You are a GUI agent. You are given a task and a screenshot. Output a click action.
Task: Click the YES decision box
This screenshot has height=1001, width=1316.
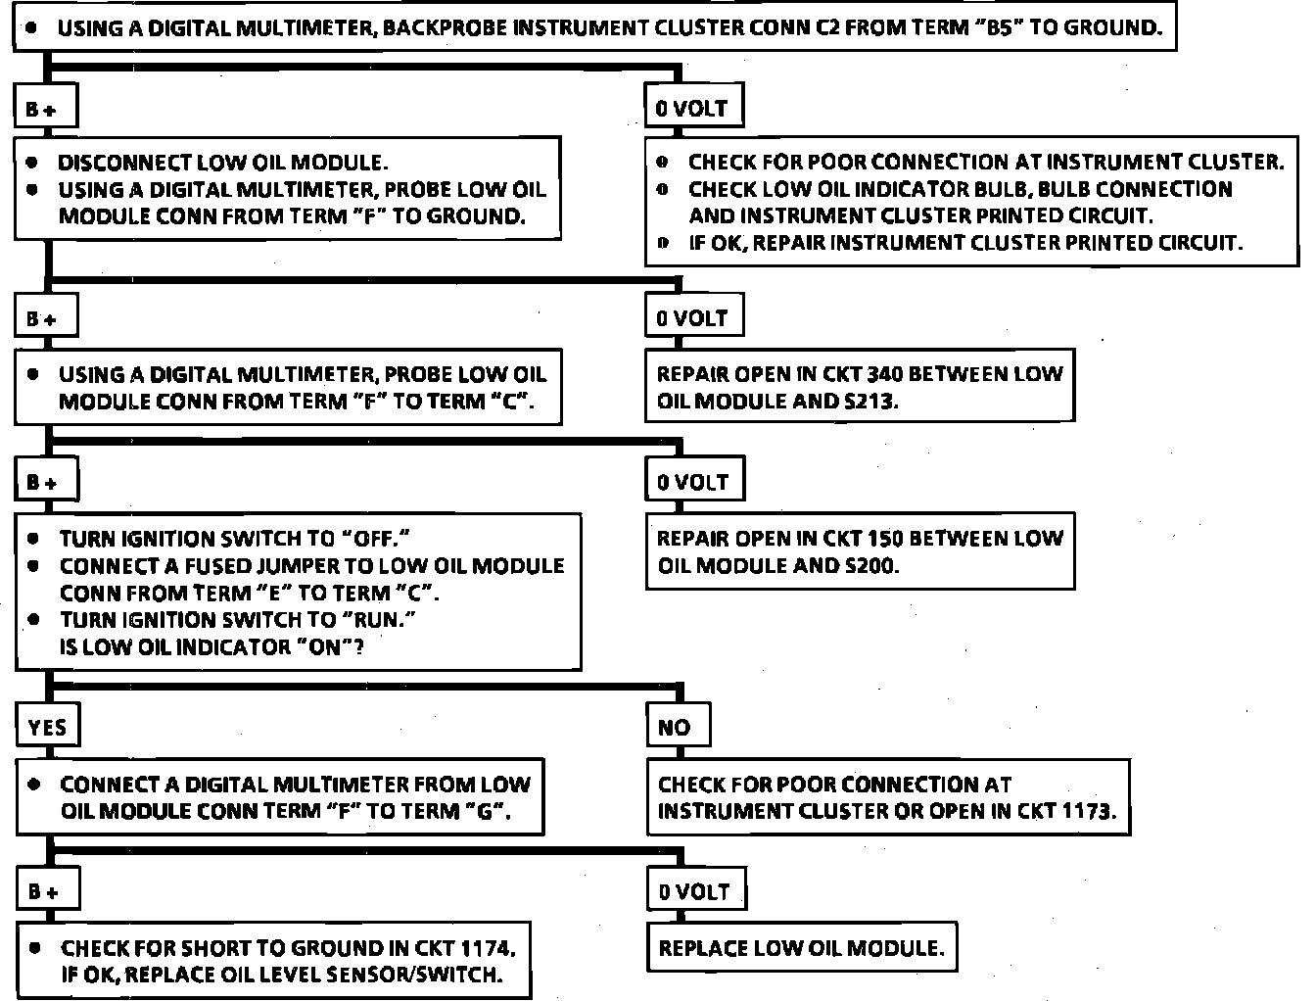47,727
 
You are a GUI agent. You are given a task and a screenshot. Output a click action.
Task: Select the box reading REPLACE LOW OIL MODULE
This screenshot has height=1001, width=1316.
801,948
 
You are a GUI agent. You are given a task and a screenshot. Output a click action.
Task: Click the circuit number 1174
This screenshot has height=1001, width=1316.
484,948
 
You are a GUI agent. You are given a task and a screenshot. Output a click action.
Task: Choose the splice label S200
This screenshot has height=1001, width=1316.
869,565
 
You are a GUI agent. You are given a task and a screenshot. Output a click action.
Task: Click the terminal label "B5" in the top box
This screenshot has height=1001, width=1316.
998,27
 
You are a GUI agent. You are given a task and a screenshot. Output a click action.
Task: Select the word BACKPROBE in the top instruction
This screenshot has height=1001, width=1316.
446,27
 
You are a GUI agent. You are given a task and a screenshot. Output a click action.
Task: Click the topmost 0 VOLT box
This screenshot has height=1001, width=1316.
692,108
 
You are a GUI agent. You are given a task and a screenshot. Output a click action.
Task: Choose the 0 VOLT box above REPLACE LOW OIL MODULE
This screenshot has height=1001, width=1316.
694,891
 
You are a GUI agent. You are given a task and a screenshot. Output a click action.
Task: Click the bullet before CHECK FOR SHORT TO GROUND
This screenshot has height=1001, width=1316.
36,948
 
